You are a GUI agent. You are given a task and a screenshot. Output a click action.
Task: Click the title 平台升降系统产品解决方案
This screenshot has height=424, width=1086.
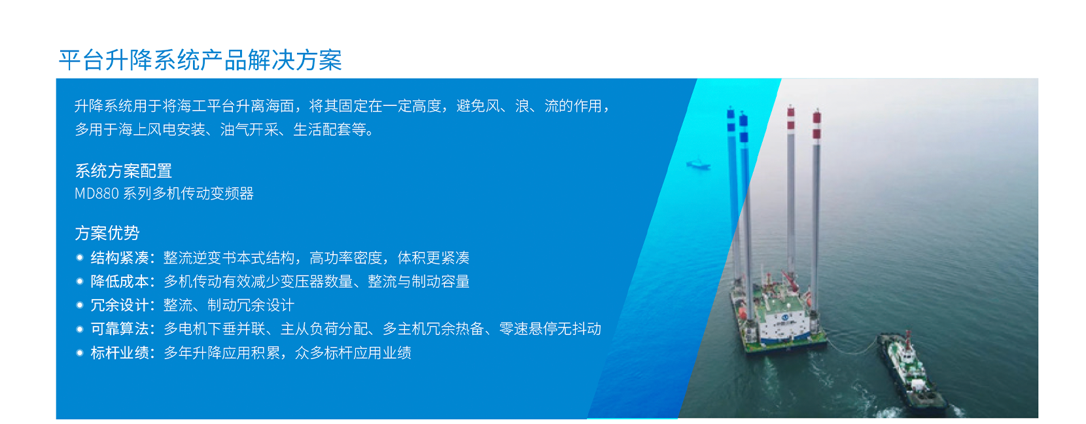click(200, 60)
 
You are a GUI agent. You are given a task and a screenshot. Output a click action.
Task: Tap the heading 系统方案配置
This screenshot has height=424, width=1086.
click(123, 171)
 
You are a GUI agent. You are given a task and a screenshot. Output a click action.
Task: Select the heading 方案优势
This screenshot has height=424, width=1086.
click(107, 233)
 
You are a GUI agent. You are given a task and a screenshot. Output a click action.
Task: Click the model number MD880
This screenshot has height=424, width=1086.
click(96, 194)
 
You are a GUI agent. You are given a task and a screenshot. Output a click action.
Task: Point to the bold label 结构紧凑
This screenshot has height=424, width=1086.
click(119, 258)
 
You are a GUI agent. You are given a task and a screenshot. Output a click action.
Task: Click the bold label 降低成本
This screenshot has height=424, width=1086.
click(119, 281)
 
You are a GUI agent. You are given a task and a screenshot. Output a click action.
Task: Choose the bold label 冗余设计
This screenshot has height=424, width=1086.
click(119, 305)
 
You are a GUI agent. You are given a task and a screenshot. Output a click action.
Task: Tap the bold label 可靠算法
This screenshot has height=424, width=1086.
click(119, 329)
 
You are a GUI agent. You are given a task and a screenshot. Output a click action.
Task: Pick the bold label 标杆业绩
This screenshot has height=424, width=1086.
click(119, 353)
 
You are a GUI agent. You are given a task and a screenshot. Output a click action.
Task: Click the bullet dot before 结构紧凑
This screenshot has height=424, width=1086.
click(80, 257)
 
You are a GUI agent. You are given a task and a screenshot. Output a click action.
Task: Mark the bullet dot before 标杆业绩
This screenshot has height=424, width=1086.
click(80, 353)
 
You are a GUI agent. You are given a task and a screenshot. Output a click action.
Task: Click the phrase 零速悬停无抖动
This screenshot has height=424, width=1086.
click(550, 329)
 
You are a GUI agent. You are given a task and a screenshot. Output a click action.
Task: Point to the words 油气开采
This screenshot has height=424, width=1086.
click(249, 130)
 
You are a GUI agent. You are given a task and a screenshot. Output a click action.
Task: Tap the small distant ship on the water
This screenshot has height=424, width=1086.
click(698, 164)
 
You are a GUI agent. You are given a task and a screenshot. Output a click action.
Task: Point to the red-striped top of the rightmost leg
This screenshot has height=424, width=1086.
click(816, 124)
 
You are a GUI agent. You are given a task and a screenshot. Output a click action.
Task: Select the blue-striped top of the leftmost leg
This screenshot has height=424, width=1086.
click(731, 120)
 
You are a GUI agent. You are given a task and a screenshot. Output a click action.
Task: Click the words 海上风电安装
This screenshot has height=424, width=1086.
click(162, 130)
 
